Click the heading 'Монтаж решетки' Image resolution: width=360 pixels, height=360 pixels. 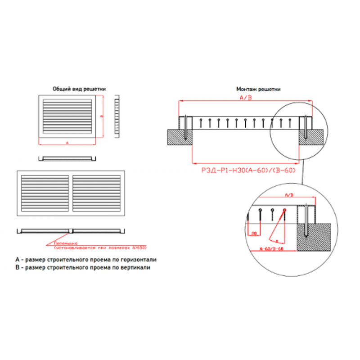pyautogui.click(x=258, y=89)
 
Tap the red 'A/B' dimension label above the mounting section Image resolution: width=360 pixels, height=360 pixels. pyautogui.click(x=246, y=98)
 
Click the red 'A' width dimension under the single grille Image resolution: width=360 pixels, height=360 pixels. pyautogui.click(x=67, y=143)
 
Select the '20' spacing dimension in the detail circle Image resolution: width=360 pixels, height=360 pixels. pyautogui.click(x=254, y=234)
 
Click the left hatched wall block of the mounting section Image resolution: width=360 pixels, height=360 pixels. pyautogui.click(x=179, y=137)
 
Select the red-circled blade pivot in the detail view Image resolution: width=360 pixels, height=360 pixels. pyautogui.click(x=284, y=210)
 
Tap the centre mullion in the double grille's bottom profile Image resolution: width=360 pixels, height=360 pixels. pyautogui.click(x=70, y=231)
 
